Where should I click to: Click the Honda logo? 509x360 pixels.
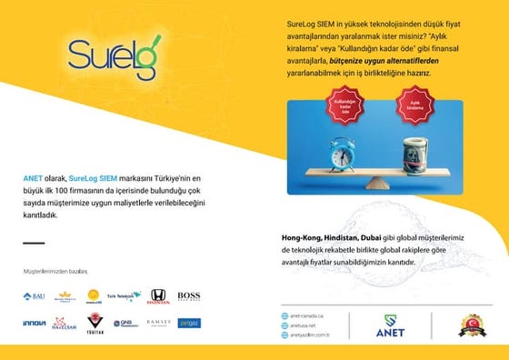pyautogui.click(x=157, y=295)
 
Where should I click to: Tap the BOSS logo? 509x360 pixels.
pyautogui.click(x=188, y=295)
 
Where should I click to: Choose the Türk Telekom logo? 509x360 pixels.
pyautogui.click(x=125, y=296)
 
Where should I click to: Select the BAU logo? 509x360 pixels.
pyautogui.click(x=34, y=296)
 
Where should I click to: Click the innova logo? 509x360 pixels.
pyautogui.click(x=34, y=323)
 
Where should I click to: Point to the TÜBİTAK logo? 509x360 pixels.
pyautogui.click(x=95, y=324)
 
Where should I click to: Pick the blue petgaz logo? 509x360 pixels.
pyautogui.click(x=188, y=323)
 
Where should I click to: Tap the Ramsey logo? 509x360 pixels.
pyautogui.click(x=158, y=323)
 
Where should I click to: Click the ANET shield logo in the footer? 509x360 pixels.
pyautogui.click(x=390, y=325)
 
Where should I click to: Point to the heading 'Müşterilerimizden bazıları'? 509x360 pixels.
pyautogui.click(x=55, y=271)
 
